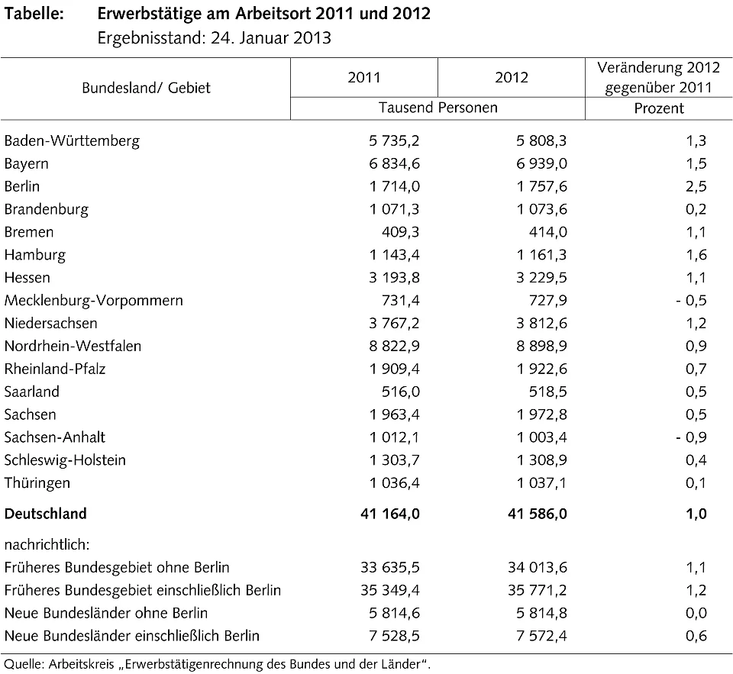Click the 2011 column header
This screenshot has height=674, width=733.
coord(363,78)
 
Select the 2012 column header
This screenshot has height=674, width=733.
coord(511,78)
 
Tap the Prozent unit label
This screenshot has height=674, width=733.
coord(659,108)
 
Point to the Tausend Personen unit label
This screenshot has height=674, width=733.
coord(438,108)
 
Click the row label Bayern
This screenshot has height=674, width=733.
coord(26,163)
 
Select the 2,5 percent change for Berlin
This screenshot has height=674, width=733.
coord(696,186)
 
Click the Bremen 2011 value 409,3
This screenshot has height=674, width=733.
coord(399,232)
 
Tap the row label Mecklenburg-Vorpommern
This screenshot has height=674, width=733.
coord(93,300)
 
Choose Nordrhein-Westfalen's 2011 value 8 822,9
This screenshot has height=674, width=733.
coord(390,346)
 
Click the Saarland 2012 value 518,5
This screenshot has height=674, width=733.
coord(547,392)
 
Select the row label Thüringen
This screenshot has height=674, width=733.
coord(37,483)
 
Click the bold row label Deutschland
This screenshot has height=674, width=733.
coord(45,514)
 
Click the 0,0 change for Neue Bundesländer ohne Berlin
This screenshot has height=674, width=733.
coord(696,613)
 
